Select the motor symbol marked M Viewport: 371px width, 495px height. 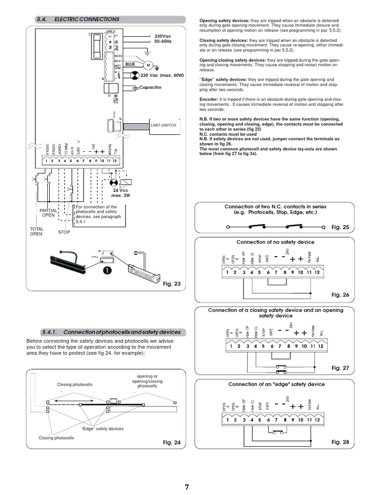(149, 65)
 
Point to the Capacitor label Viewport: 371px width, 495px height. (150, 87)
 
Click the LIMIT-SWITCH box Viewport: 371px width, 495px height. (164, 125)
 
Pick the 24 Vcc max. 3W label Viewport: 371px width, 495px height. (117, 192)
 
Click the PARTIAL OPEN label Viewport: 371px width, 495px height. (48, 213)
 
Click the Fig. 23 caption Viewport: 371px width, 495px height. (171, 284)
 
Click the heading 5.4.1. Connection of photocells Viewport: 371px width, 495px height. (111, 332)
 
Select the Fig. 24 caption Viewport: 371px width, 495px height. (171, 442)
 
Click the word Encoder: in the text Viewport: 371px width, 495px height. (209, 98)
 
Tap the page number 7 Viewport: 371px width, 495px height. (187, 487)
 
